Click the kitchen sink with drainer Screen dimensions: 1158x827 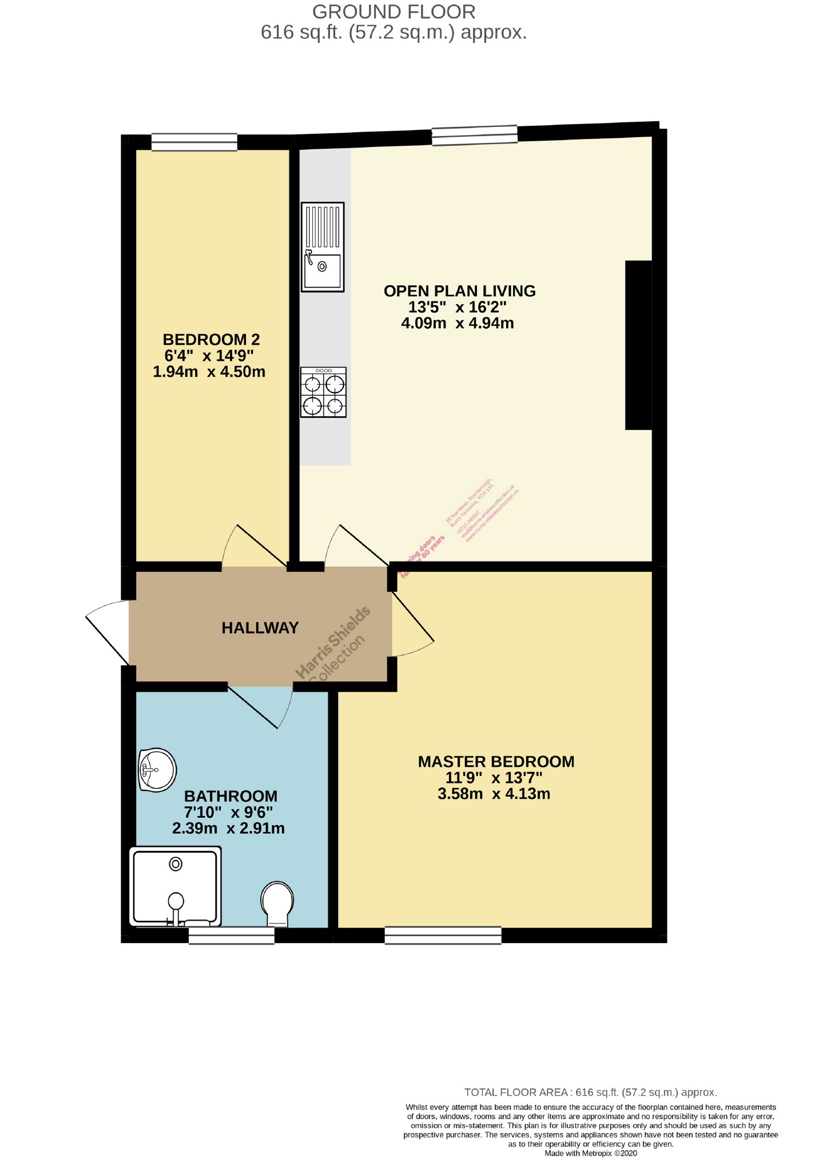[x=323, y=247]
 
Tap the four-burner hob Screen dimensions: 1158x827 [x=323, y=392]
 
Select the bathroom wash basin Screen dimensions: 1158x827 [x=157, y=770]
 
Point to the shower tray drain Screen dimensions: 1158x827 [x=176, y=864]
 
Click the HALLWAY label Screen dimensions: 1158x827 [x=260, y=628]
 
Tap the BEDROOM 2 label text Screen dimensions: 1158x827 [x=211, y=340]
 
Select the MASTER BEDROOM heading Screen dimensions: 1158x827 [x=496, y=762]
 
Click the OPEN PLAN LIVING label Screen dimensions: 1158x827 [x=459, y=291]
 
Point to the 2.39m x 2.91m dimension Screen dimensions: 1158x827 [x=228, y=829]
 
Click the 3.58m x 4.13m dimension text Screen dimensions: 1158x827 [x=494, y=794]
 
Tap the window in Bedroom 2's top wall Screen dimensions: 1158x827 [x=194, y=142]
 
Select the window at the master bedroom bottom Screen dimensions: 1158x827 [x=443, y=935]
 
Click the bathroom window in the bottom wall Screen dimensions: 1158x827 [x=231, y=936]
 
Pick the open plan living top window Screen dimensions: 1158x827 [x=474, y=136]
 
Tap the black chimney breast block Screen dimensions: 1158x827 [x=638, y=345]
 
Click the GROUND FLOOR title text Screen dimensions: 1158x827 [x=393, y=12]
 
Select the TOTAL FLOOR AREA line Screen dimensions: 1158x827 [x=590, y=1092]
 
